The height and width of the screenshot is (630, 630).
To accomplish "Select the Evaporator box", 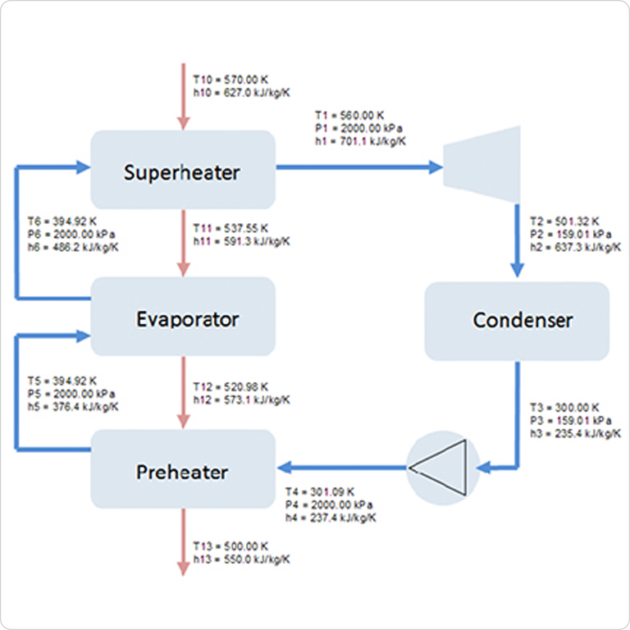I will (182, 317).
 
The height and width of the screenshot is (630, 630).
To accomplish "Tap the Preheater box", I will (182, 471).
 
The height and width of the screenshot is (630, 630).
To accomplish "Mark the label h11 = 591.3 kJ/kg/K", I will (241, 241).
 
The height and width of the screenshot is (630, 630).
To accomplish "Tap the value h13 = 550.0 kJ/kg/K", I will (241, 559).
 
